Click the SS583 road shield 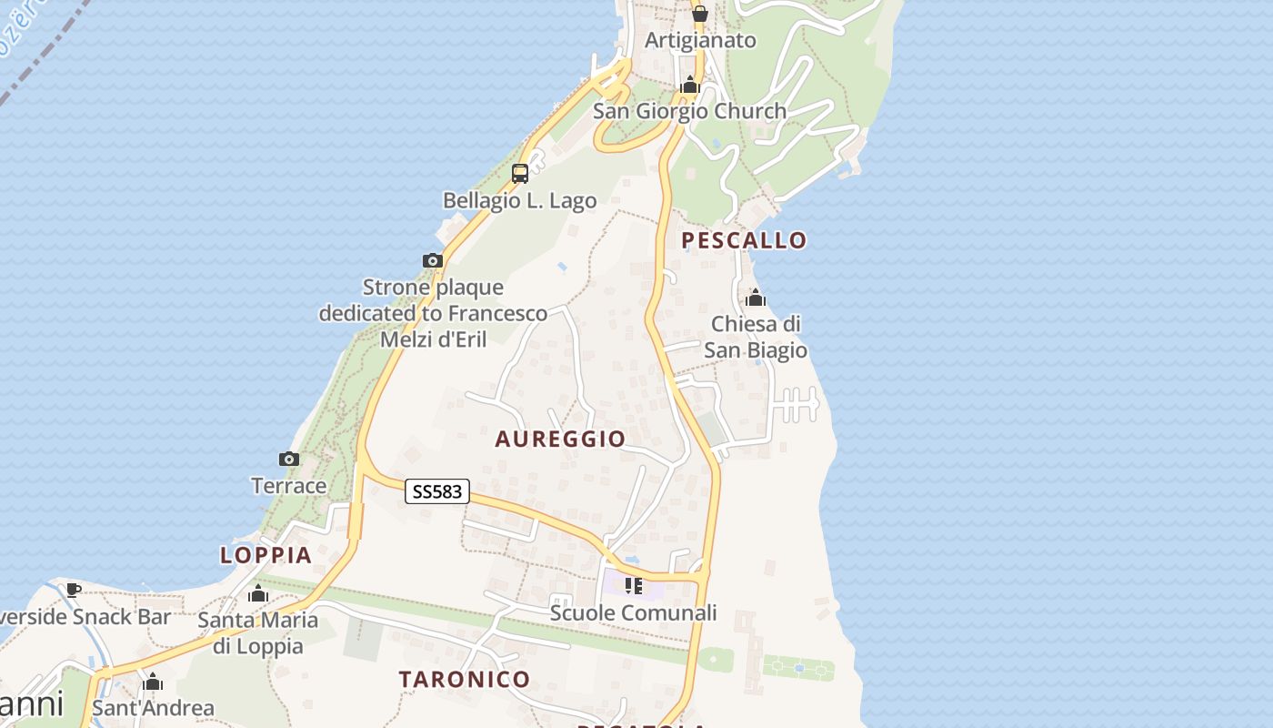point(437,492)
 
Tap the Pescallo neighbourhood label point(744,240)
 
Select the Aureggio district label point(560,439)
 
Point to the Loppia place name point(266,555)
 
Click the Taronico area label point(465,679)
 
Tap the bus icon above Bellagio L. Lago point(520,173)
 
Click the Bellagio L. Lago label point(520,200)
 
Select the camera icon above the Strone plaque point(433,261)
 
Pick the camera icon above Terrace point(289,460)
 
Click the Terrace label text point(289,486)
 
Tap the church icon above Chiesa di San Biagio point(756,298)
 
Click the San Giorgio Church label point(689,111)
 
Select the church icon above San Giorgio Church point(689,86)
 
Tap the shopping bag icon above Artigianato point(699,14)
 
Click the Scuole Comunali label point(633,613)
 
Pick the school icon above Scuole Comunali point(634,586)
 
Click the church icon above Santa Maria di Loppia point(258,594)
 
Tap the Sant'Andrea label point(153,708)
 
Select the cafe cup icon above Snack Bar point(74,590)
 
